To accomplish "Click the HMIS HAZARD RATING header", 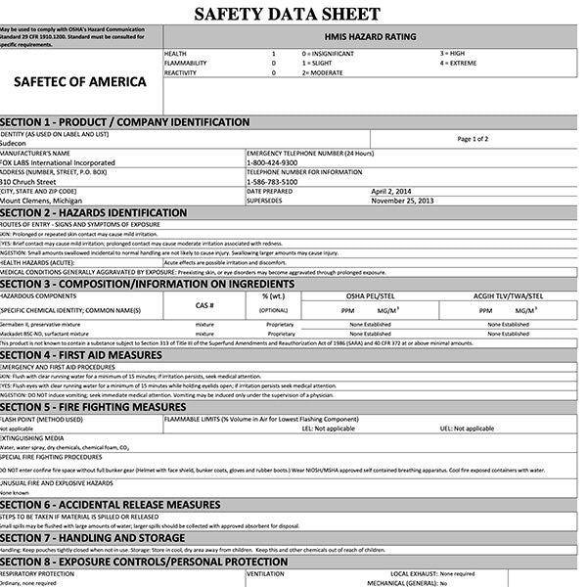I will [x=375, y=36].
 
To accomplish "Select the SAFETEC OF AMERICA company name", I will [x=81, y=81].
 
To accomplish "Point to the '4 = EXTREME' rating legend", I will [x=459, y=62].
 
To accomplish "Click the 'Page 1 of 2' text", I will [x=473, y=138].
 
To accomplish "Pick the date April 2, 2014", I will [x=392, y=191].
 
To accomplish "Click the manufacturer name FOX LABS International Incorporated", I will [x=58, y=162].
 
